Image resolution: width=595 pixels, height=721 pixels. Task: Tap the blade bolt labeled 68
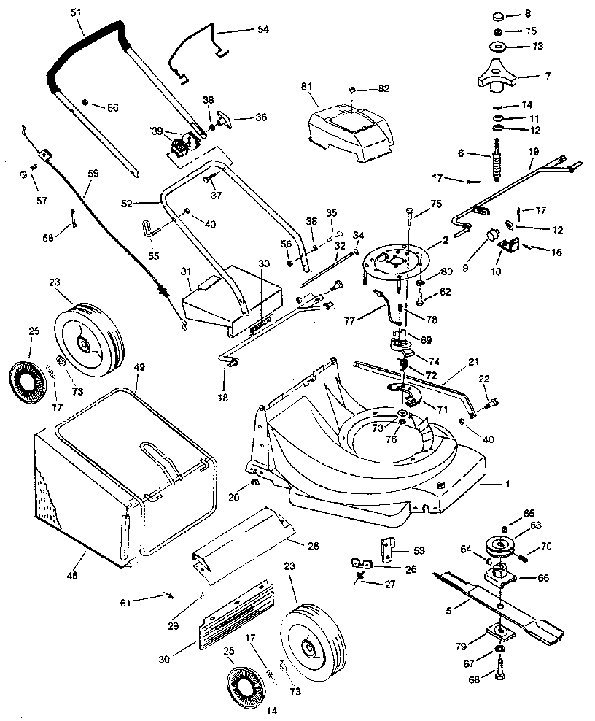(501, 668)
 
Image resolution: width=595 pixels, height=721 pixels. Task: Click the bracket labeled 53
(385, 549)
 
